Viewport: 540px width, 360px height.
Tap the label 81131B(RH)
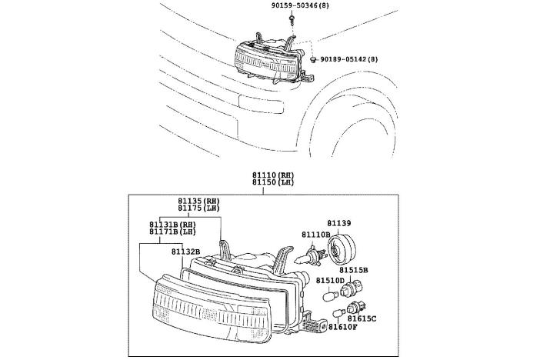click(x=173, y=225)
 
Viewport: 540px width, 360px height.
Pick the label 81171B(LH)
click(x=173, y=232)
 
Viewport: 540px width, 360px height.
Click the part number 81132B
click(x=185, y=251)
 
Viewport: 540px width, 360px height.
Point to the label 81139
click(x=338, y=224)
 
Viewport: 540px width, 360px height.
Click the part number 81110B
click(x=315, y=234)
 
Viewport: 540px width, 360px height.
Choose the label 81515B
click(x=354, y=270)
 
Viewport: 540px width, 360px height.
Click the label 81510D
click(x=329, y=281)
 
